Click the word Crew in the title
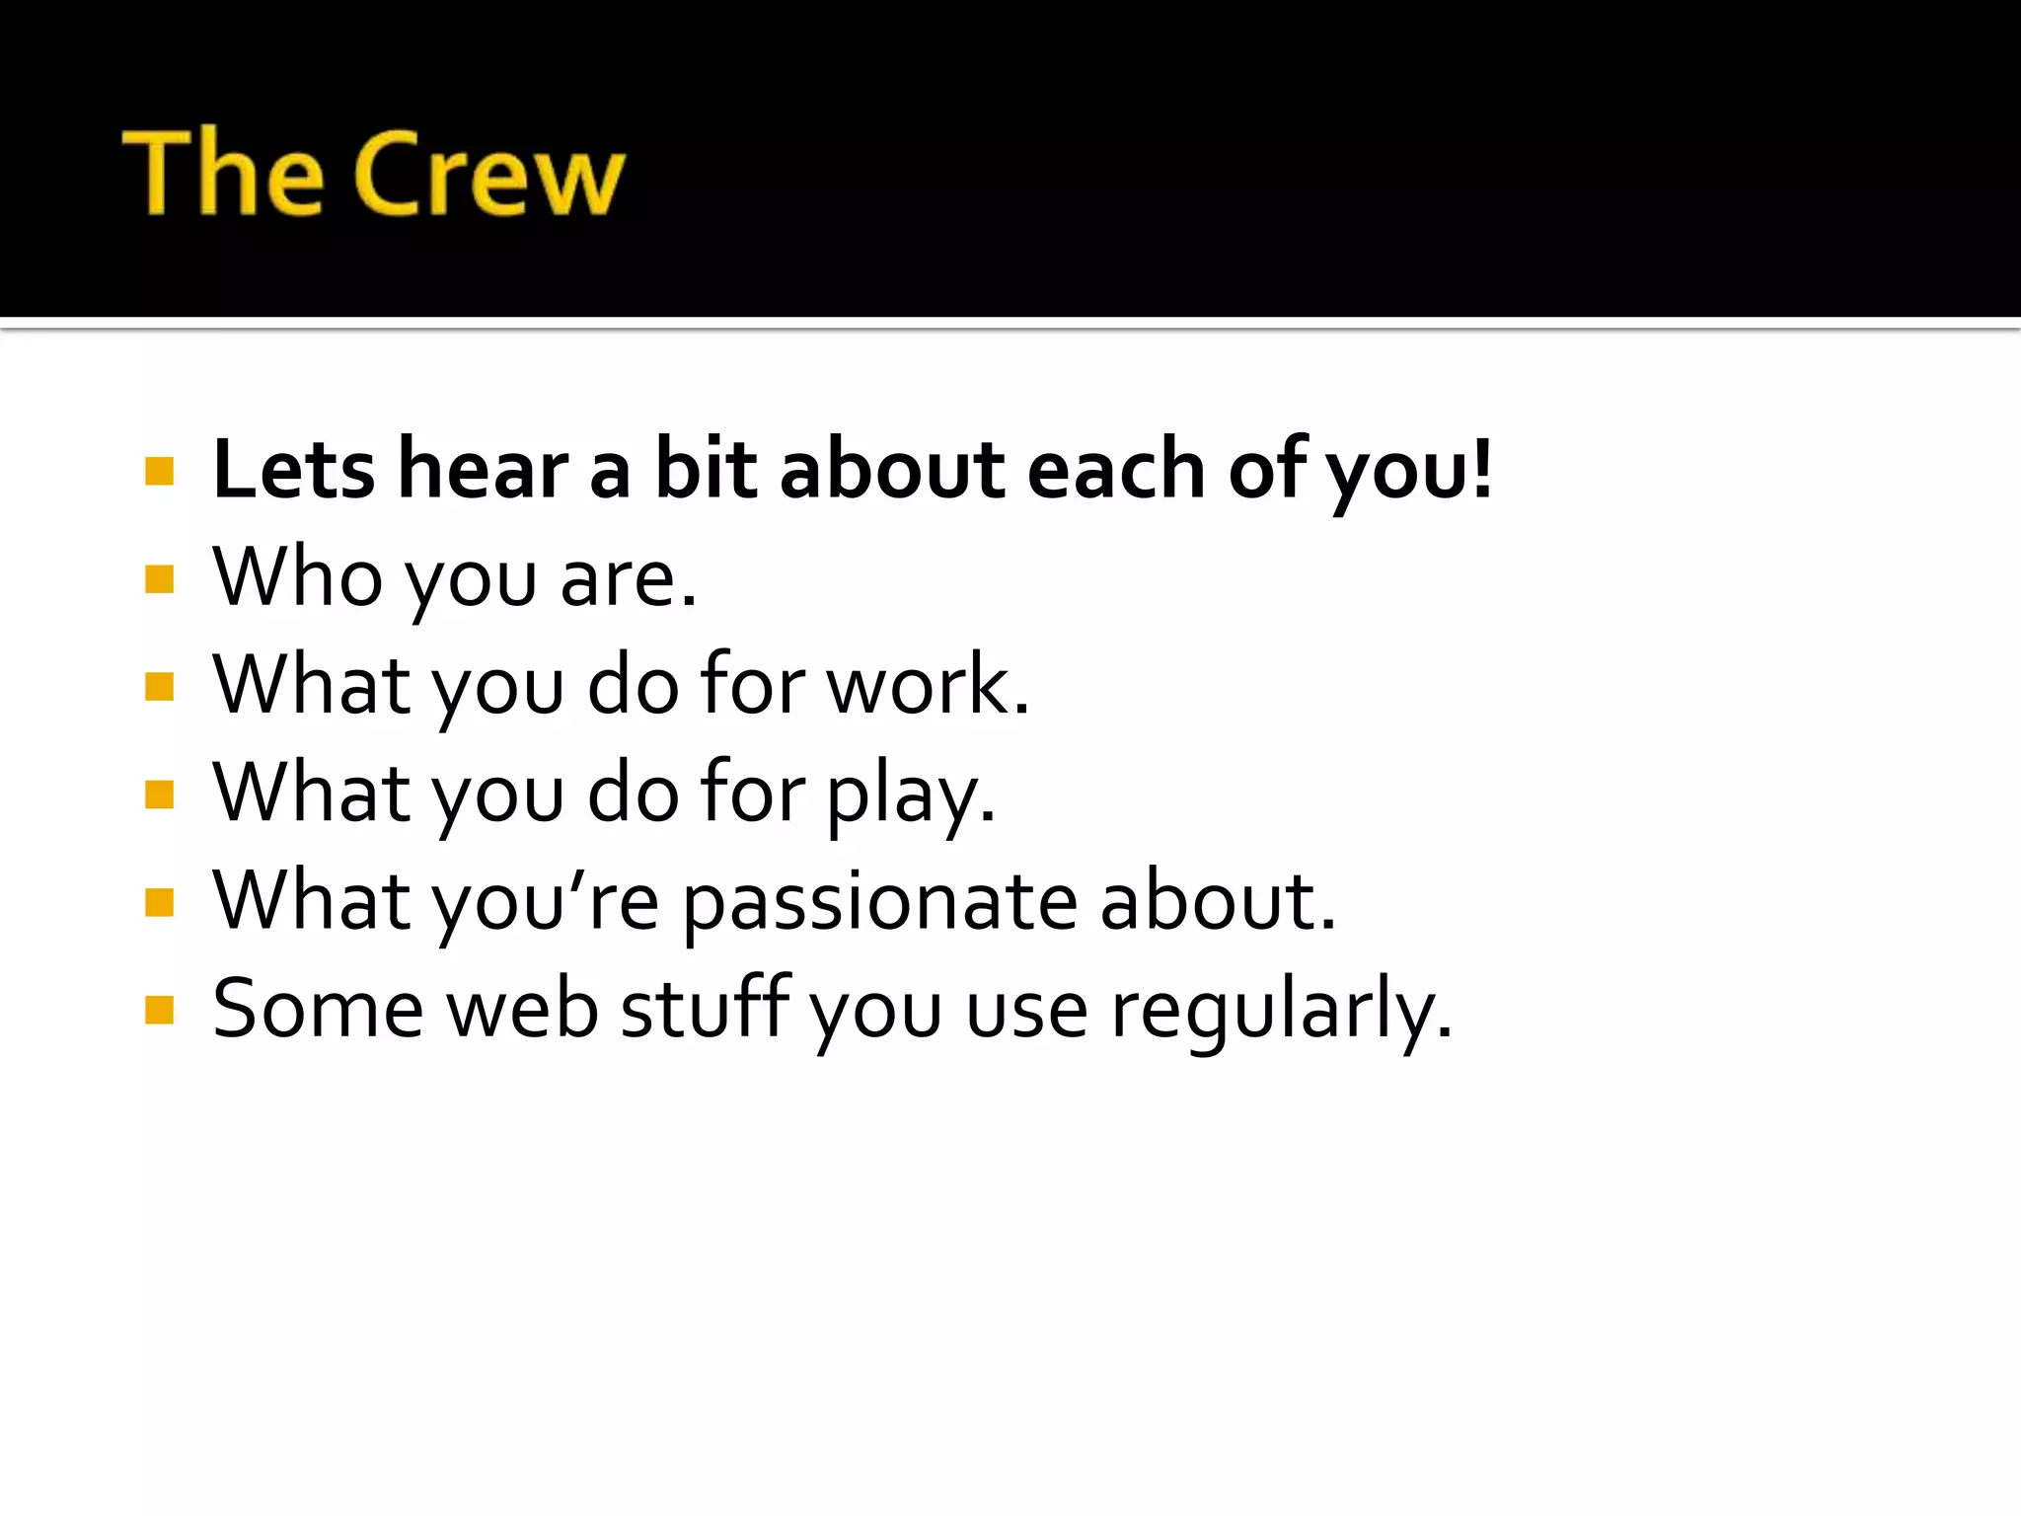[x=489, y=175]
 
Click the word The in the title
[x=223, y=173]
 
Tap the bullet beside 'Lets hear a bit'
[x=159, y=471]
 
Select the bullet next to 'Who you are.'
[x=159, y=578]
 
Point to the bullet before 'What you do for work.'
[x=159, y=686]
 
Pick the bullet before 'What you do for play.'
[x=159, y=794]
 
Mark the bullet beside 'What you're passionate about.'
[x=159, y=902]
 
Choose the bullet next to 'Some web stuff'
[x=159, y=1010]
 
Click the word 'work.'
[x=928, y=685]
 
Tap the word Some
[x=318, y=1010]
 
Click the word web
[x=522, y=1010]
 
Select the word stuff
[x=706, y=1010]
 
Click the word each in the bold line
[x=1116, y=470]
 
